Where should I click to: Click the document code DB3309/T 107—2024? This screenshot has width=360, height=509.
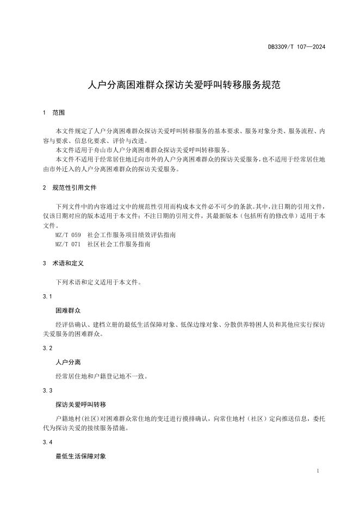point(296,47)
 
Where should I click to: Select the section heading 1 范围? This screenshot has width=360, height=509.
point(53,113)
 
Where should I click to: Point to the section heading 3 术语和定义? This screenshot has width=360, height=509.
point(63,263)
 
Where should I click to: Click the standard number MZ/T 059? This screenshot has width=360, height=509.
point(68,235)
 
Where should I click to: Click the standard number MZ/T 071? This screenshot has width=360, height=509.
point(68,245)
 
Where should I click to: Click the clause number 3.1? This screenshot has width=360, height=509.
point(47,296)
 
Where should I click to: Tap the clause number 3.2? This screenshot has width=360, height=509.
point(47,347)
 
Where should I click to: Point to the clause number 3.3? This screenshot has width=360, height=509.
point(47,391)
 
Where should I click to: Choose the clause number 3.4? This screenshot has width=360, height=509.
point(47,442)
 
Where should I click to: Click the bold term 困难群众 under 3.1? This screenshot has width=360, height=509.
point(68,310)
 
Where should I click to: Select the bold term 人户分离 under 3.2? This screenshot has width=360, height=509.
point(68,361)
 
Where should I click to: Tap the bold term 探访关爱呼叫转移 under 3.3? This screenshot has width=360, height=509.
point(80,405)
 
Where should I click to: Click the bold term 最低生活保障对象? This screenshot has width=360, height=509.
point(80,456)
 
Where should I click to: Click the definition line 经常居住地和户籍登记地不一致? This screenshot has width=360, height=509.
point(102,376)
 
